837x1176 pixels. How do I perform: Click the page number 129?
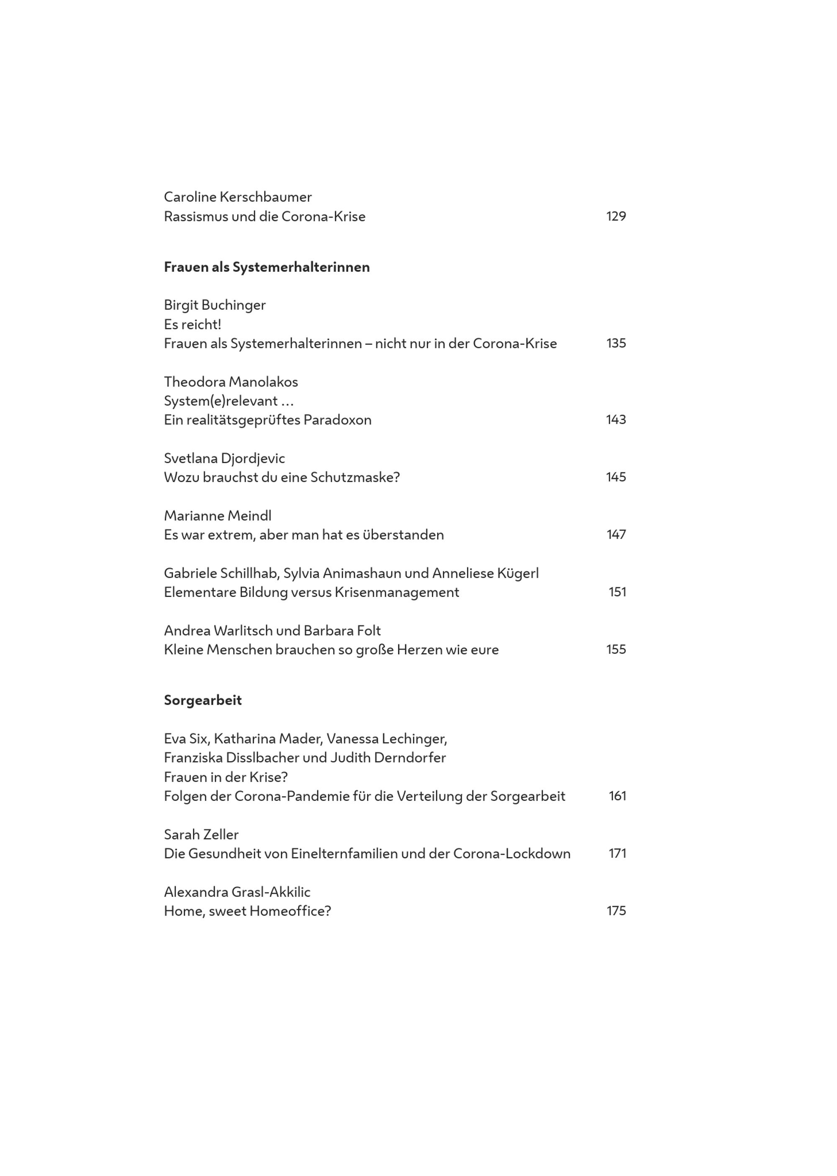(616, 216)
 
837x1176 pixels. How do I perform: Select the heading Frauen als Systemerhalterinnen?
(267, 267)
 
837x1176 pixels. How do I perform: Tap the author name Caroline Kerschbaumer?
(238, 197)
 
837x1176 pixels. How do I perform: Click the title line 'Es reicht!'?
(192, 324)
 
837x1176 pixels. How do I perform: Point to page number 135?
(616, 343)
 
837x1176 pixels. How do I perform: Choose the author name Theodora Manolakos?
(231, 382)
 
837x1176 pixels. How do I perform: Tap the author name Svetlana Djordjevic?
(224, 458)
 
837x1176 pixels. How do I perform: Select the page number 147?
(616, 535)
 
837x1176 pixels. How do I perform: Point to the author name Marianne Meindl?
(218, 515)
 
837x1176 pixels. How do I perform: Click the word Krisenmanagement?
(397, 592)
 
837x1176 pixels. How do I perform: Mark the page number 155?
(616, 650)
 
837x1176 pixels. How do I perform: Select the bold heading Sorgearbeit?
(203, 700)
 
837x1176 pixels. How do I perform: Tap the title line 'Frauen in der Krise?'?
(226, 777)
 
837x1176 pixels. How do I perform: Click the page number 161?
(617, 796)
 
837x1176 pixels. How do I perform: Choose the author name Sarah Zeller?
(201, 834)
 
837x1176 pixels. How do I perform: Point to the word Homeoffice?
(290, 911)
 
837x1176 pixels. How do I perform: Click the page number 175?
(616, 911)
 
